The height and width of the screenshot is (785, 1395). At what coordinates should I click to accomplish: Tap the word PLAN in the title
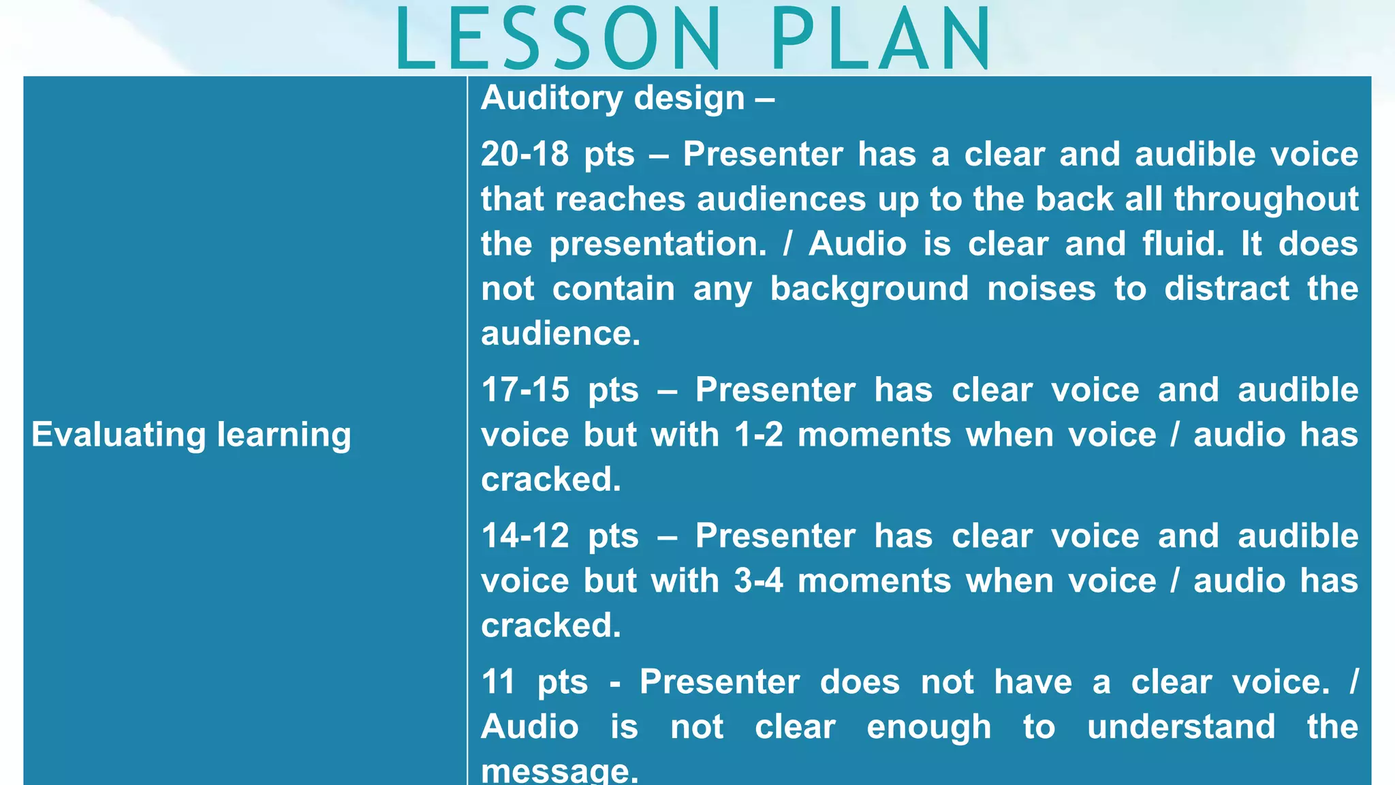coord(881,40)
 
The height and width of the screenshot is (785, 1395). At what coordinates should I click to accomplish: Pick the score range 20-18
coord(524,154)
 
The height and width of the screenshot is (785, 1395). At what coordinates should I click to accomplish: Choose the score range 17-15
coord(525,390)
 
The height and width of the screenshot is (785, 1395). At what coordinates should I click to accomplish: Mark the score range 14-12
coord(525,536)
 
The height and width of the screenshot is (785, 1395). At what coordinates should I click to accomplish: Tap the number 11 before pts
coord(498,682)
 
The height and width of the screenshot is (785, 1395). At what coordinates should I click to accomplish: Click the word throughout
coord(1266,199)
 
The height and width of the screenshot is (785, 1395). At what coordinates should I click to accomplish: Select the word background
coord(869,289)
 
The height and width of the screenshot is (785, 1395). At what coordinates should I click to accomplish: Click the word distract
coord(1227,289)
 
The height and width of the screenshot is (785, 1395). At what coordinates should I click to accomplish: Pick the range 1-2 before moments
coord(759,435)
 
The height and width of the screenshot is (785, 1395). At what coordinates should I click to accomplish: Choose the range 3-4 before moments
coord(759,581)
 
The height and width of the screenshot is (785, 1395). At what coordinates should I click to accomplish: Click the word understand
coord(1181,727)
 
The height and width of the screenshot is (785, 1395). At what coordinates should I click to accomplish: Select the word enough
coord(929,727)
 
